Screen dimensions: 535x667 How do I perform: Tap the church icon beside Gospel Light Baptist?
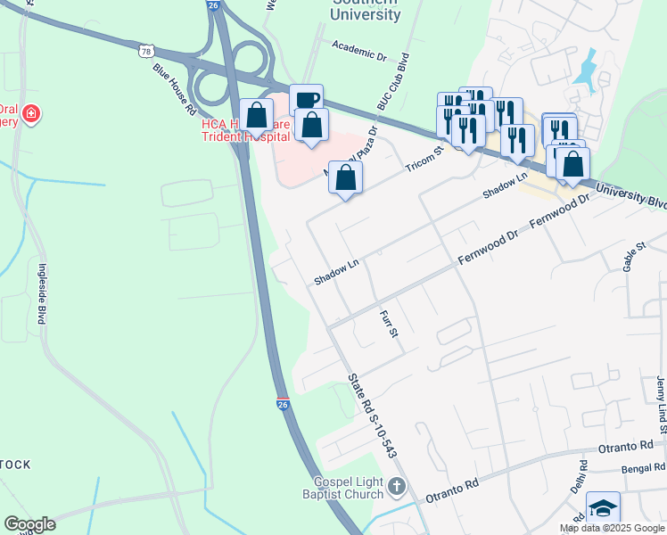click(x=399, y=488)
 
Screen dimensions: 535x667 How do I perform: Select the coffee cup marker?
click(x=306, y=100)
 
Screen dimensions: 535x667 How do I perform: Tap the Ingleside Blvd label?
click(x=41, y=293)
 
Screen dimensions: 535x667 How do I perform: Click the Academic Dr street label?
click(x=358, y=49)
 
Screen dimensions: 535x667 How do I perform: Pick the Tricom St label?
click(x=424, y=160)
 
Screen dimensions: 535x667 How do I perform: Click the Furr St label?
click(x=387, y=325)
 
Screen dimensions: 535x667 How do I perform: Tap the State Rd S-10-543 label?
click(x=373, y=416)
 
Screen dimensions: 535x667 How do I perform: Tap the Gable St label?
click(x=633, y=255)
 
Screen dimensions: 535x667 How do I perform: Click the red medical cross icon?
click(x=32, y=114)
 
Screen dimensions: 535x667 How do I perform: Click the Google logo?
click(x=29, y=524)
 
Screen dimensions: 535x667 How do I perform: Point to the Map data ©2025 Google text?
click(x=611, y=528)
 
